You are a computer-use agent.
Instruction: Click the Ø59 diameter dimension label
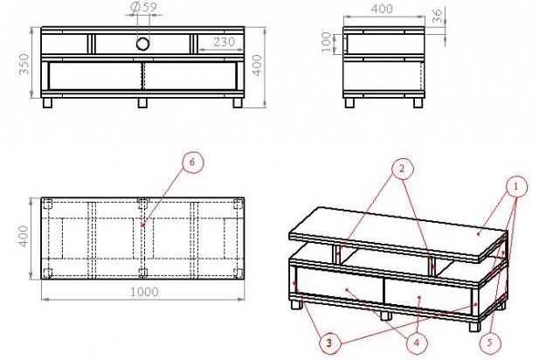coord(144,8)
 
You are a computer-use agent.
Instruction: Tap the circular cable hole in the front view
coord(142,44)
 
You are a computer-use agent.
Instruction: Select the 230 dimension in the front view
coord(225,42)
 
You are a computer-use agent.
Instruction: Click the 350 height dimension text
coord(24,64)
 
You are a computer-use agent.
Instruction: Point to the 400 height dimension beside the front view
coord(257,65)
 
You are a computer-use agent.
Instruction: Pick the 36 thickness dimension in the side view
coord(437,16)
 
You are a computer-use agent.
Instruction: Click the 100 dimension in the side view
coord(326,42)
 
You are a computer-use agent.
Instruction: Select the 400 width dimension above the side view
coord(382,9)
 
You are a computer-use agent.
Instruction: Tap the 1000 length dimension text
coord(144,292)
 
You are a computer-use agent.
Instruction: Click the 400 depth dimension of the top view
coord(24,236)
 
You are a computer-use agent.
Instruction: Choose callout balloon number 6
coord(192,162)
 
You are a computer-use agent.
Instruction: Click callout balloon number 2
coord(402,169)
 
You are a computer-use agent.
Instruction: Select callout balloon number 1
coord(515,187)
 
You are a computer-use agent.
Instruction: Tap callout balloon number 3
coord(329,343)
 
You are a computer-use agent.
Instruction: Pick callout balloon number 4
coord(417,343)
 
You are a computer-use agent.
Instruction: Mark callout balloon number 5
coord(489,343)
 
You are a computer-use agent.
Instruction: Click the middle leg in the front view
coord(142,103)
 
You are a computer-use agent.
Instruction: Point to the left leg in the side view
coord(349,103)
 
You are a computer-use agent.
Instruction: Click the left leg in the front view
coord(47,103)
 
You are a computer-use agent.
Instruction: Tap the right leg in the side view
coord(418,103)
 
